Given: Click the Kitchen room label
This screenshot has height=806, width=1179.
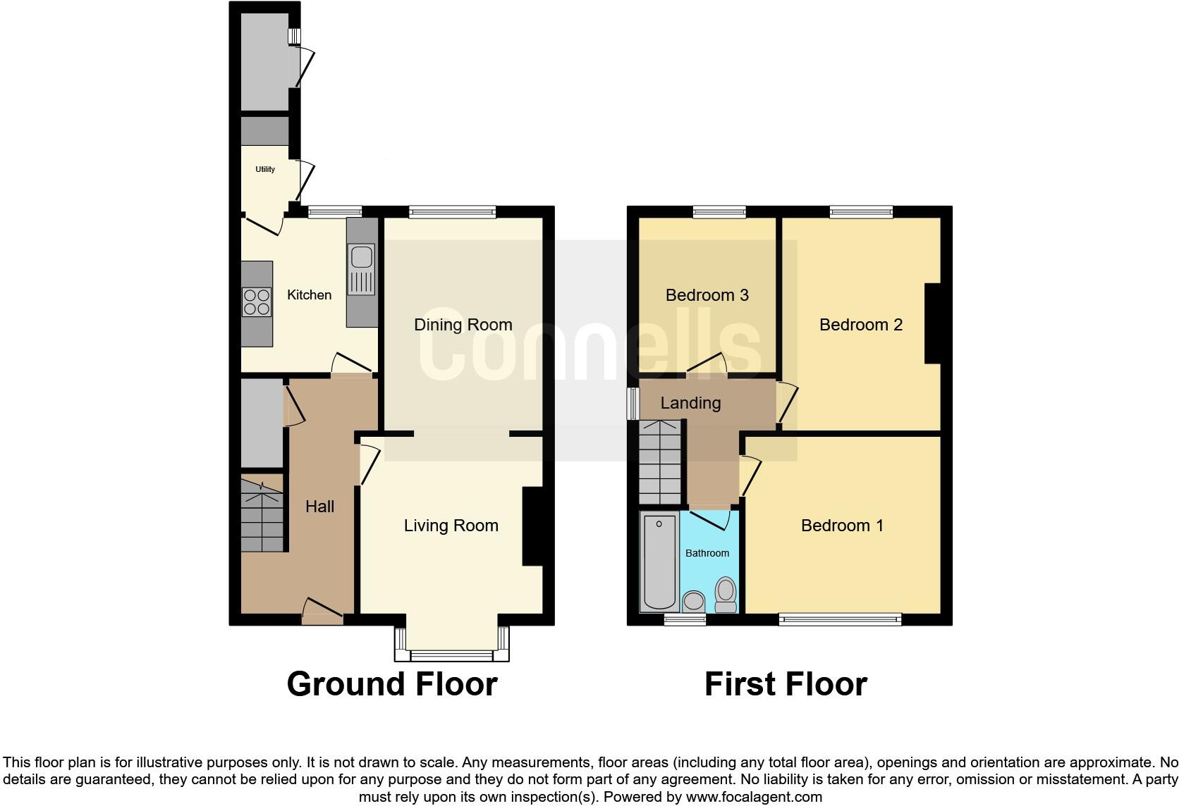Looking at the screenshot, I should (x=309, y=295).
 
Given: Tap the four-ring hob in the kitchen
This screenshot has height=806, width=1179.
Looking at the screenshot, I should (x=257, y=302).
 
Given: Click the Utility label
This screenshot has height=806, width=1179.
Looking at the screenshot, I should (x=265, y=169).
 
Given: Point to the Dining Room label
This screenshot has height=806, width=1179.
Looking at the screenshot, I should (x=463, y=325).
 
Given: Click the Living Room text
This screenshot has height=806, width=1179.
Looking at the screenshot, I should (x=451, y=526).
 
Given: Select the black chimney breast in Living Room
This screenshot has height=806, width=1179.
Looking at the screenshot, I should (x=532, y=526).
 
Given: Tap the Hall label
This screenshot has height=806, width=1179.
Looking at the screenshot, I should (x=319, y=507).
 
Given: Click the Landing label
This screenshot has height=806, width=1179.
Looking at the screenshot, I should (x=690, y=403).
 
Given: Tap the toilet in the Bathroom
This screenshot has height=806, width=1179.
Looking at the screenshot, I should (x=726, y=596).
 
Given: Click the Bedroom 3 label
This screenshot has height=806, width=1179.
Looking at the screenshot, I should (x=707, y=295).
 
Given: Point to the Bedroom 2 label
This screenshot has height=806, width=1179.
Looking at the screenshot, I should (x=860, y=325).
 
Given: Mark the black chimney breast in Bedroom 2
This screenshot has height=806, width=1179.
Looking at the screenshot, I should (x=933, y=323).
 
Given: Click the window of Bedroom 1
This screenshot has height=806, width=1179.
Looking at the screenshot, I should (x=840, y=619).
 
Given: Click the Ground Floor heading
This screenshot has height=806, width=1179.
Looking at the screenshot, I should (x=392, y=684).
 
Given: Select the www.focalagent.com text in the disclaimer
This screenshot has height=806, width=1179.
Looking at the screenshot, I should (x=754, y=798).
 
